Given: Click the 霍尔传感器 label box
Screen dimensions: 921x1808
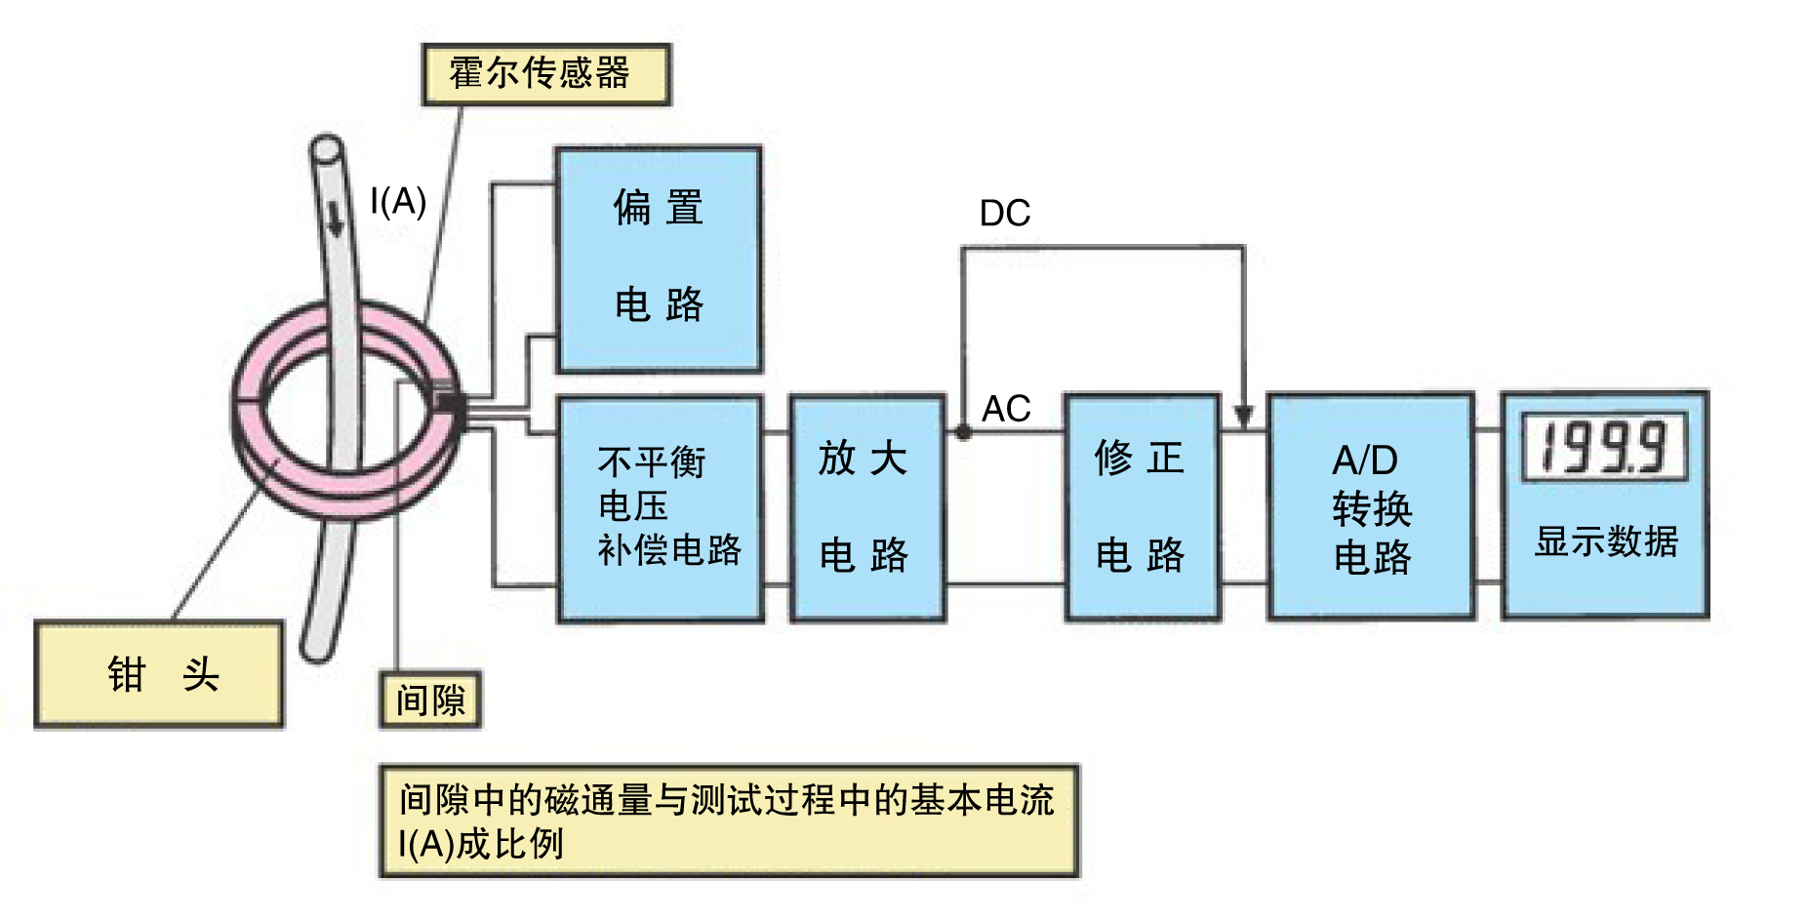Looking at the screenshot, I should pyautogui.click(x=545, y=74).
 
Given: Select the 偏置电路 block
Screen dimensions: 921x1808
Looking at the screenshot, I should pyautogui.click(x=659, y=259).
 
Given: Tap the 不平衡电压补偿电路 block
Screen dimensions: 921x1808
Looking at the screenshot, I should pyautogui.click(x=661, y=507).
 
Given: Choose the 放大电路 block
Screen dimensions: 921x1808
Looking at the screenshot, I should pyautogui.click(x=865, y=507).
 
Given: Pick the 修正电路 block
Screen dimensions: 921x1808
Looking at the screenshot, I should pyautogui.click(x=1142, y=507).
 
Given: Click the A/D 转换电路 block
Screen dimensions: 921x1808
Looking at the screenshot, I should pyautogui.click(x=1370, y=507).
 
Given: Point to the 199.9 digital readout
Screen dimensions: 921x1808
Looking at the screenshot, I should pyautogui.click(x=1604, y=449).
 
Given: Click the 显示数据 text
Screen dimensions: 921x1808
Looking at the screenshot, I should pyautogui.click(x=1606, y=541).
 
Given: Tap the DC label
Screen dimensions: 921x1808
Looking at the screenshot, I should pyautogui.click(x=1005, y=214).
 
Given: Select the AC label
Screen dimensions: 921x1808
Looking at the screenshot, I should pyautogui.click(x=1006, y=409).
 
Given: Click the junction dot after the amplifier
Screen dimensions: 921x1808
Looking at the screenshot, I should pyautogui.click(x=963, y=431).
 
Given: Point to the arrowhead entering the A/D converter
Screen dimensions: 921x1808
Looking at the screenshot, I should pyautogui.click(x=1243, y=417).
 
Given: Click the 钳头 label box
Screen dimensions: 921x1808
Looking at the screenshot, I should pyautogui.click(x=159, y=674).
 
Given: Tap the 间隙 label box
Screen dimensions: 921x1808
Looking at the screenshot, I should pyautogui.click(x=430, y=700).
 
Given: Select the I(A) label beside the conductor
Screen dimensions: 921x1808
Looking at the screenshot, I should pyautogui.click(x=398, y=202).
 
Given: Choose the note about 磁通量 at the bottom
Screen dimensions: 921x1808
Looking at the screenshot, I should pyautogui.click(x=728, y=821).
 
